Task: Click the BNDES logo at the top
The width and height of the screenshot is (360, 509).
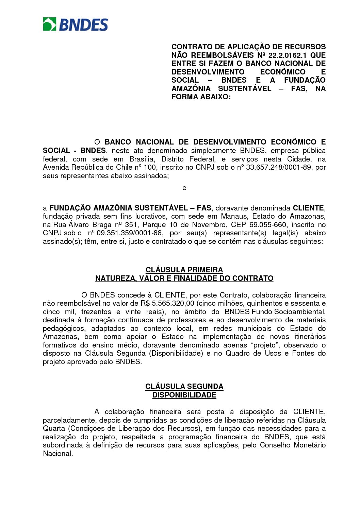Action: click(x=75, y=24)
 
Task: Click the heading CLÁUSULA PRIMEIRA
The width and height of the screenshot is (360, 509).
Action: click(x=184, y=270)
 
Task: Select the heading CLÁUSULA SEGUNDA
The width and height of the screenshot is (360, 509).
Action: click(x=184, y=387)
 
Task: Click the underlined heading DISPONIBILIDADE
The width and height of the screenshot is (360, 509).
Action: click(x=184, y=395)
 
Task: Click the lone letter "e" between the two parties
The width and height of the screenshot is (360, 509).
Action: click(x=184, y=188)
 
